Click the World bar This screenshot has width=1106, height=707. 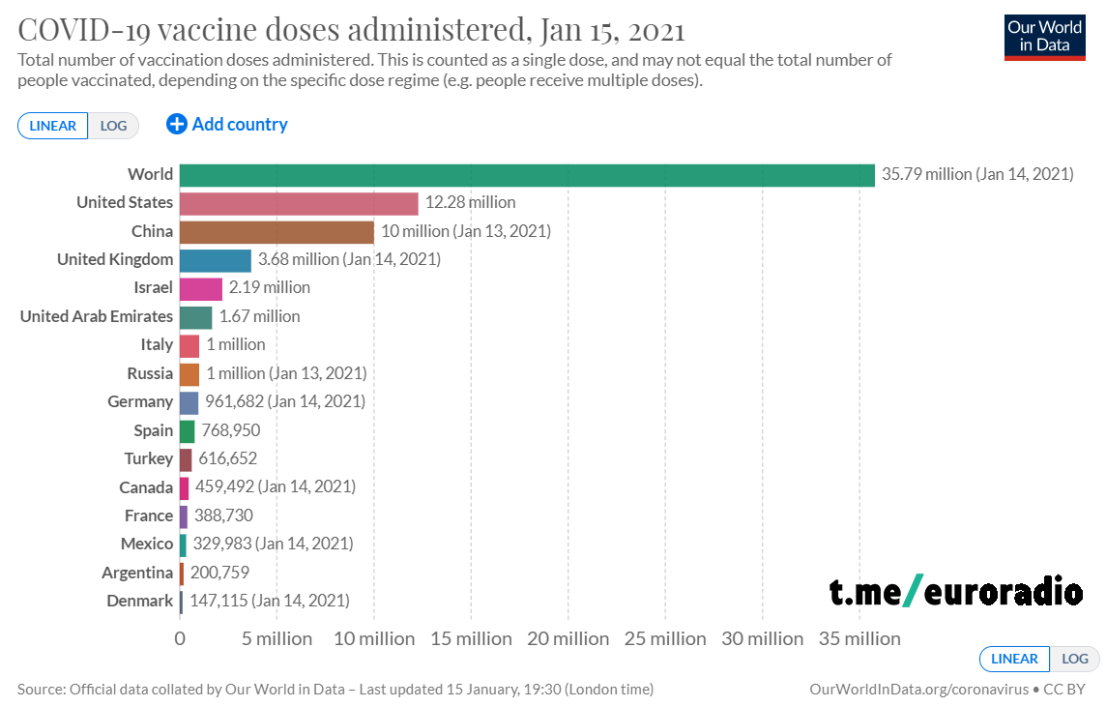(527, 174)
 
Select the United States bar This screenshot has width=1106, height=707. (299, 203)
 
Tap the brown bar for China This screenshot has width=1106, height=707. (276, 231)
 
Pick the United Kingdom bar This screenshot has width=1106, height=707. (216, 259)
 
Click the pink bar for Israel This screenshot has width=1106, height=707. (201, 288)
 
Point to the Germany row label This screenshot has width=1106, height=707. (140, 401)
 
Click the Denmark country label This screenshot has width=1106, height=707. (139, 601)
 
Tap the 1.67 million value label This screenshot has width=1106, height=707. (259, 316)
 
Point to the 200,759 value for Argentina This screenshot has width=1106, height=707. (219, 573)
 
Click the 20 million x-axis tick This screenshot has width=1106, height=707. (568, 638)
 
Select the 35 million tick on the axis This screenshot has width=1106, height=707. (860, 638)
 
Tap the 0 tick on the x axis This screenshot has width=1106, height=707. (180, 638)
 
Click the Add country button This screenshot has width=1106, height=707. (227, 125)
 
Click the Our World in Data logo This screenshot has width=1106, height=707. (1044, 37)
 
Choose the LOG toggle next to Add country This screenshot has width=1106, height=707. (114, 126)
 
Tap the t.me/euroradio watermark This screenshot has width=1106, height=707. (955, 590)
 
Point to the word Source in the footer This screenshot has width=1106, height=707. (40, 690)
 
